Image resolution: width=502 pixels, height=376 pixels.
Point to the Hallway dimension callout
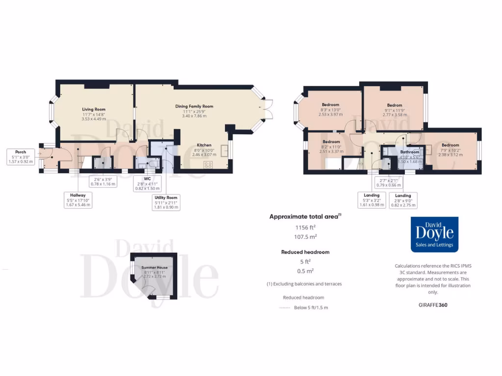tap(78, 200)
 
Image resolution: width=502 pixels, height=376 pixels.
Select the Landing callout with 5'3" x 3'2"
tap(372, 200)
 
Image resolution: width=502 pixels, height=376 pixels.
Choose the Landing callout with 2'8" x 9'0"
tap(403, 200)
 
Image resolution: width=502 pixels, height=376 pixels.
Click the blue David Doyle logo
tap(434, 235)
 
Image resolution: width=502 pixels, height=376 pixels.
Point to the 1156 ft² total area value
tap(305, 227)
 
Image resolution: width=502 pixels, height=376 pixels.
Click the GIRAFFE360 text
tap(433, 305)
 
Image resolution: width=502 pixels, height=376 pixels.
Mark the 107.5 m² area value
tap(305, 237)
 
